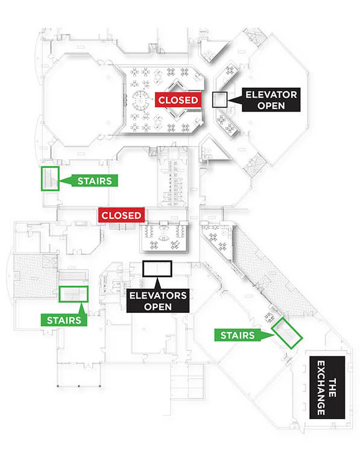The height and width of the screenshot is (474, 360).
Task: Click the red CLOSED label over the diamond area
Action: pos(178,100)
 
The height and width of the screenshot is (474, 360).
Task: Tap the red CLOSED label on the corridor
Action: pos(121,215)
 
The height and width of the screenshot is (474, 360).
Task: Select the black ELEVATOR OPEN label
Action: pos(271,100)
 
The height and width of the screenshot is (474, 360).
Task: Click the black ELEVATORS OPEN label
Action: pos(158,301)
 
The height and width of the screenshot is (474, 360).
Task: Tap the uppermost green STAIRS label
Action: pos(95,181)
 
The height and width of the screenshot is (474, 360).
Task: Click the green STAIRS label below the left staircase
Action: pos(64,320)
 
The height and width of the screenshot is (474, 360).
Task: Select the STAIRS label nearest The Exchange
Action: pos(238,335)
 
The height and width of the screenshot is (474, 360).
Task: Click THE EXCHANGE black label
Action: pos(327,388)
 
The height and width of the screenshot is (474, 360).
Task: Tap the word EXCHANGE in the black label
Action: pos(321,388)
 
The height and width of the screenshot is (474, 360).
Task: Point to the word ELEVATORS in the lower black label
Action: pos(158,295)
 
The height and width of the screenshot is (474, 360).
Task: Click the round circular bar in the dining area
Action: pos(141,100)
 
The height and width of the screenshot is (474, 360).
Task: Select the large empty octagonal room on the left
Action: pos(84,100)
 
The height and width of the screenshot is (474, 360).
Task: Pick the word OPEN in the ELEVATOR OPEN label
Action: pos(271,106)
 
